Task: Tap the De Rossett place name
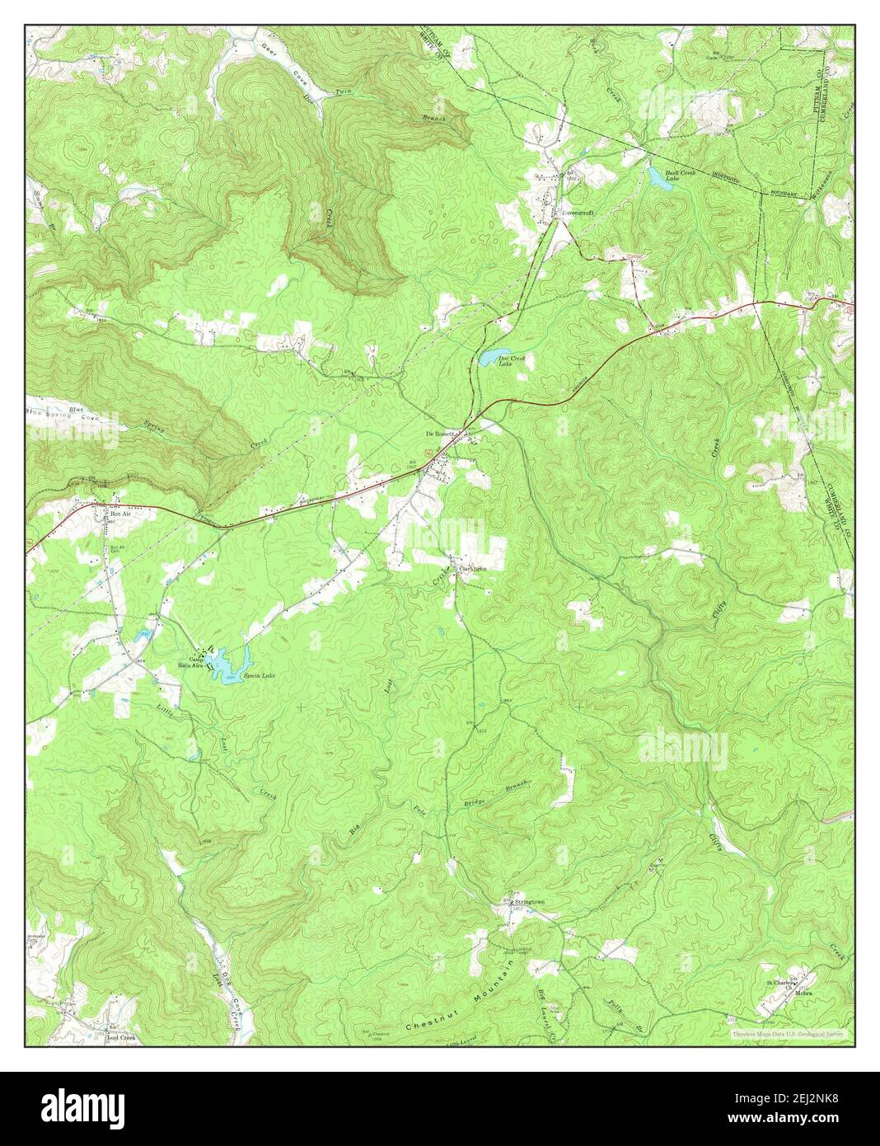coord(440,432)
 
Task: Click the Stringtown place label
coord(528,903)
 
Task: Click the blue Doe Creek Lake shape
coord(494,356)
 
